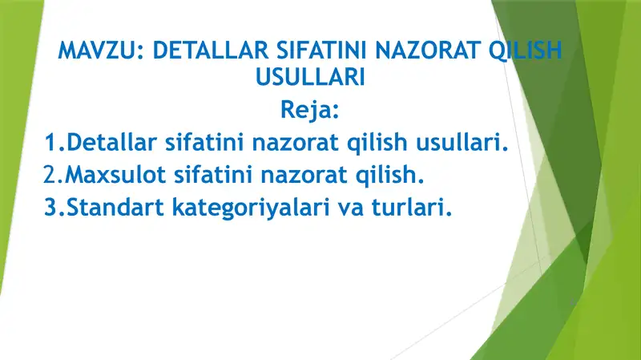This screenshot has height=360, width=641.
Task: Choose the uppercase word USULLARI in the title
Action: [x=308, y=78]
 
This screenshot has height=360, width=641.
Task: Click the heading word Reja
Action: [x=308, y=109]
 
